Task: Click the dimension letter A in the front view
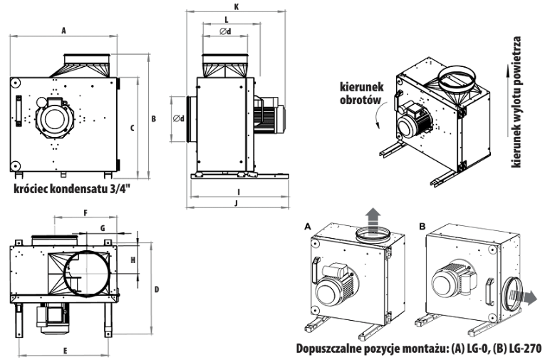[63, 31]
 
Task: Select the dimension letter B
[153, 118]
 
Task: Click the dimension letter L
[226, 19]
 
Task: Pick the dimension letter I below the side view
[239, 191]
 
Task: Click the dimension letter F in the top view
[85, 213]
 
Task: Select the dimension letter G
[103, 227]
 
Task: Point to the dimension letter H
[133, 260]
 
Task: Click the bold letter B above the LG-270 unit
[423, 225]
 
